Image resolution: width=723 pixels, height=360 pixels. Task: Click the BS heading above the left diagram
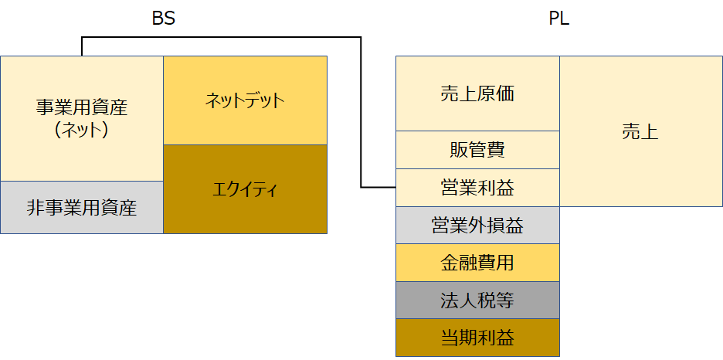pos(163,19)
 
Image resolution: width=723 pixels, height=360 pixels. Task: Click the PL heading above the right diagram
pos(558,19)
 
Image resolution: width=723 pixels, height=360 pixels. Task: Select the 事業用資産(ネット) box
pos(82,118)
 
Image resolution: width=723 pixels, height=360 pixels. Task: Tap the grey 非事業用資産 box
pos(82,207)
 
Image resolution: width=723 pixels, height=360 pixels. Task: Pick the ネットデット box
pos(245,100)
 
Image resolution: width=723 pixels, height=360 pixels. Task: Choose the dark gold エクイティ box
pos(245,189)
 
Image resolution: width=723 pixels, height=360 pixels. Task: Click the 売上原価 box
pos(477,94)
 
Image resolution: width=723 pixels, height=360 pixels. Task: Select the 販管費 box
pos(477,150)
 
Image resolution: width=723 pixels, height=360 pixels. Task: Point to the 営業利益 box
pos(477,188)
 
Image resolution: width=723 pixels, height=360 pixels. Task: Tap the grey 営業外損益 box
pos(477,226)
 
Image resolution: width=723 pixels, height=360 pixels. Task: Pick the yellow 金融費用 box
pos(477,263)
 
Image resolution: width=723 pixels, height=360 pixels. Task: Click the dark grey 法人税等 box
pos(477,301)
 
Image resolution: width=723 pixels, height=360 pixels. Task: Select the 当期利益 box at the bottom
pos(477,338)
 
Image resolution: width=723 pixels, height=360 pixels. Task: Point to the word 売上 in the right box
pos(640,131)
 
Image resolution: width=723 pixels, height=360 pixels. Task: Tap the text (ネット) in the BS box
pos(82,130)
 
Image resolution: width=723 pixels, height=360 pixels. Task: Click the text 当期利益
pos(477,338)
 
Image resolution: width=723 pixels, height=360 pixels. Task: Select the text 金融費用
pos(477,263)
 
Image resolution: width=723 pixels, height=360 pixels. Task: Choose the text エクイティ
pos(245,189)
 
